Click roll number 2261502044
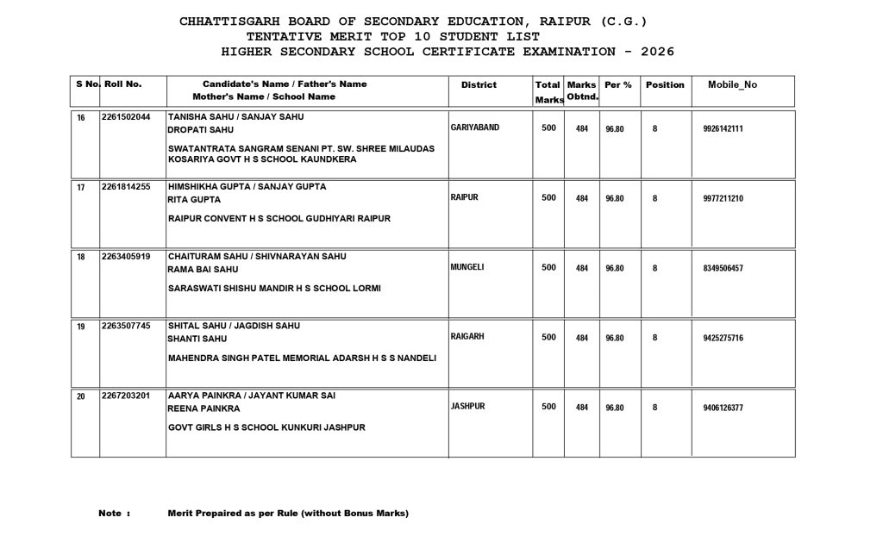(x=126, y=116)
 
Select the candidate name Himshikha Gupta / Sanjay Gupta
(x=247, y=186)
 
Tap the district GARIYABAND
(x=475, y=128)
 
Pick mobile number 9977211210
(x=723, y=198)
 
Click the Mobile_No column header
(x=732, y=84)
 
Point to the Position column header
(x=665, y=84)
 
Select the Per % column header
(x=618, y=84)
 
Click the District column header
(x=479, y=84)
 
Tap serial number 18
(x=81, y=257)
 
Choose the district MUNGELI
(x=467, y=267)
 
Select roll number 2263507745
(x=126, y=326)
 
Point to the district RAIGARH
(x=468, y=336)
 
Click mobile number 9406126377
(x=723, y=408)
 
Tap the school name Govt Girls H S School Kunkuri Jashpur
(x=267, y=427)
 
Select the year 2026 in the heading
(x=656, y=52)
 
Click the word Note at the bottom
(x=110, y=514)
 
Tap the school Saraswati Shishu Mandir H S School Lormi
(x=274, y=288)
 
